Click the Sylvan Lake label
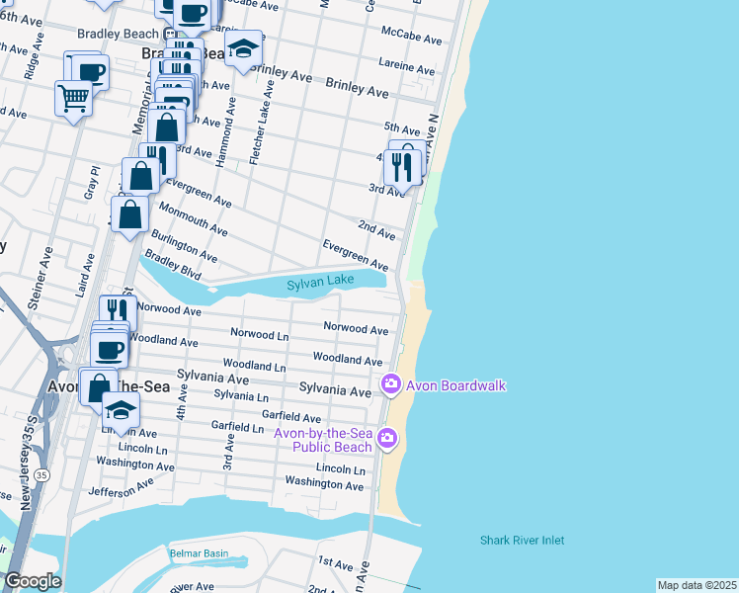(320, 284)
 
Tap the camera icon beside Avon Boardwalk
(391, 383)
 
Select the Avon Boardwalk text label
(456, 384)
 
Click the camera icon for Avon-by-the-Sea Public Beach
(387, 437)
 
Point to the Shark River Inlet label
(522, 541)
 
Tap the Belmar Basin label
(199, 553)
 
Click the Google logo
(33, 581)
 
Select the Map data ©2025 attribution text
(697, 585)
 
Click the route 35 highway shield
(41, 475)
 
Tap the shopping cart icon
(74, 98)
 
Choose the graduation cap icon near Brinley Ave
(243, 47)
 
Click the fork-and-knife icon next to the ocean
(401, 167)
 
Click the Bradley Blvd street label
(172, 266)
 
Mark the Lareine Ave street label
(408, 66)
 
